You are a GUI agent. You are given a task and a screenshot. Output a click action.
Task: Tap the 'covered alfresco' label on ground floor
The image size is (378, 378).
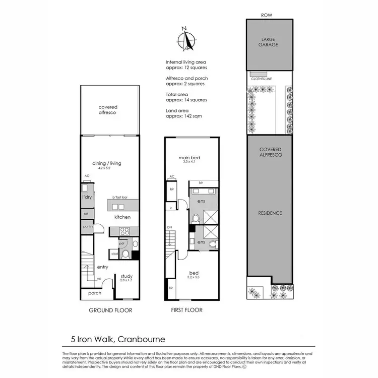click(x=108, y=110)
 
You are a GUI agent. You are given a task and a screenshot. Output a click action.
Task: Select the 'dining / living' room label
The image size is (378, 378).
click(x=107, y=163)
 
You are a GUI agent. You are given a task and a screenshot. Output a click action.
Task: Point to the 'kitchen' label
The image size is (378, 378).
click(x=122, y=217)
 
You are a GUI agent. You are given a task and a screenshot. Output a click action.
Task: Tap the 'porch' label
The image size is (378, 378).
click(x=95, y=293)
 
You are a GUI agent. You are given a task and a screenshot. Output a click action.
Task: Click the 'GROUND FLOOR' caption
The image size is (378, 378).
click(x=110, y=310)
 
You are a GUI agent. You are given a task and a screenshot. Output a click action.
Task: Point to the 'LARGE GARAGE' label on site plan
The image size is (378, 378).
click(x=270, y=41)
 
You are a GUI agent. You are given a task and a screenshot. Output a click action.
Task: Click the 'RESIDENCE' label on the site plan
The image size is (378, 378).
click(x=270, y=213)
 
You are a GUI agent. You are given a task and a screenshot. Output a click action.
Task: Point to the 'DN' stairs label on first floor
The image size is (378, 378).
click(x=170, y=228)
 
